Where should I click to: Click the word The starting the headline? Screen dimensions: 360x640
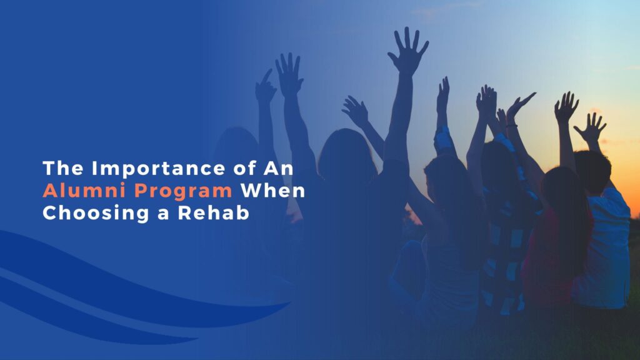point(63,169)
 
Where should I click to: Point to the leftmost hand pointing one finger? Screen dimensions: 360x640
point(266,87)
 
